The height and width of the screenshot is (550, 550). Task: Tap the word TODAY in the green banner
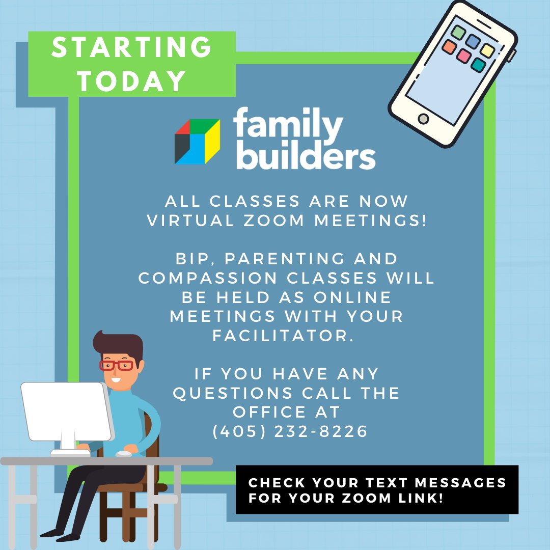(x=131, y=80)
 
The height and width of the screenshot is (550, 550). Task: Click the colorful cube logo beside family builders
(x=197, y=142)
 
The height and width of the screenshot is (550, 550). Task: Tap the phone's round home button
(x=423, y=119)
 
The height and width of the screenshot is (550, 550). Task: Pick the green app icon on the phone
(x=458, y=33)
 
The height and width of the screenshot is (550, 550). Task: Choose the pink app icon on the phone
(x=463, y=56)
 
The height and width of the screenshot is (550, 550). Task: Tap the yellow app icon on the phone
(x=487, y=50)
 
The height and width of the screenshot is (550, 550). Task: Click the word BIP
(x=193, y=259)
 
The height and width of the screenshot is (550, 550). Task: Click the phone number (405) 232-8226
(x=290, y=431)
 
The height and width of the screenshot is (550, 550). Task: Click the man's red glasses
(x=117, y=365)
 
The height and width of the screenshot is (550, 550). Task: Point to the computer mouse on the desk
(x=123, y=453)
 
